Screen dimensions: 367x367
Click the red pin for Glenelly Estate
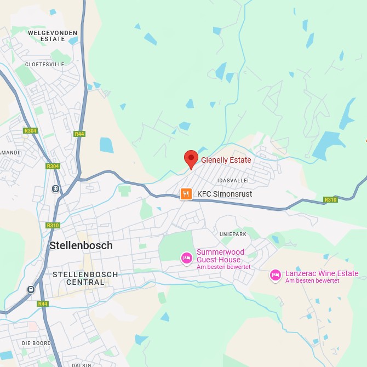(x=191, y=158)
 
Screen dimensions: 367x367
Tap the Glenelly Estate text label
(x=226, y=160)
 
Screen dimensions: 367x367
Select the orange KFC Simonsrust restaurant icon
(x=186, y=194)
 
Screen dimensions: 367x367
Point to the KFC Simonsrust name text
(x=225, y=194)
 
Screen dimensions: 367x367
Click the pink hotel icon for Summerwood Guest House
(x=187, y=257)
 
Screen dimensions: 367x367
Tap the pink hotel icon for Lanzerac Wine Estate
(x=276, y=275)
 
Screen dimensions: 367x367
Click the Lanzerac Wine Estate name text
(x=322, y=273)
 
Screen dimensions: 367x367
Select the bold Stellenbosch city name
(x=81, y=245)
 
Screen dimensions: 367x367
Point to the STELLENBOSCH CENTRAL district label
(x=85, y=278)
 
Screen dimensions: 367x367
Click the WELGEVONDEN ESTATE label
(x=53, y=36)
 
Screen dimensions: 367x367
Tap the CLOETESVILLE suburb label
(x=45, y=64)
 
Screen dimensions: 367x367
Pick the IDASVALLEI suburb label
(x=233, y=180)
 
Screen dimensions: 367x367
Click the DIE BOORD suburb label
(x=37, y=343)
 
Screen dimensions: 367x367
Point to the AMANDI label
(x=9, y=152)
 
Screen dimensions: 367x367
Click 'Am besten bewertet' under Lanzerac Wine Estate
(x=312, y=281)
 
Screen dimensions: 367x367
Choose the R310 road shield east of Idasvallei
(x=330, y=199)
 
